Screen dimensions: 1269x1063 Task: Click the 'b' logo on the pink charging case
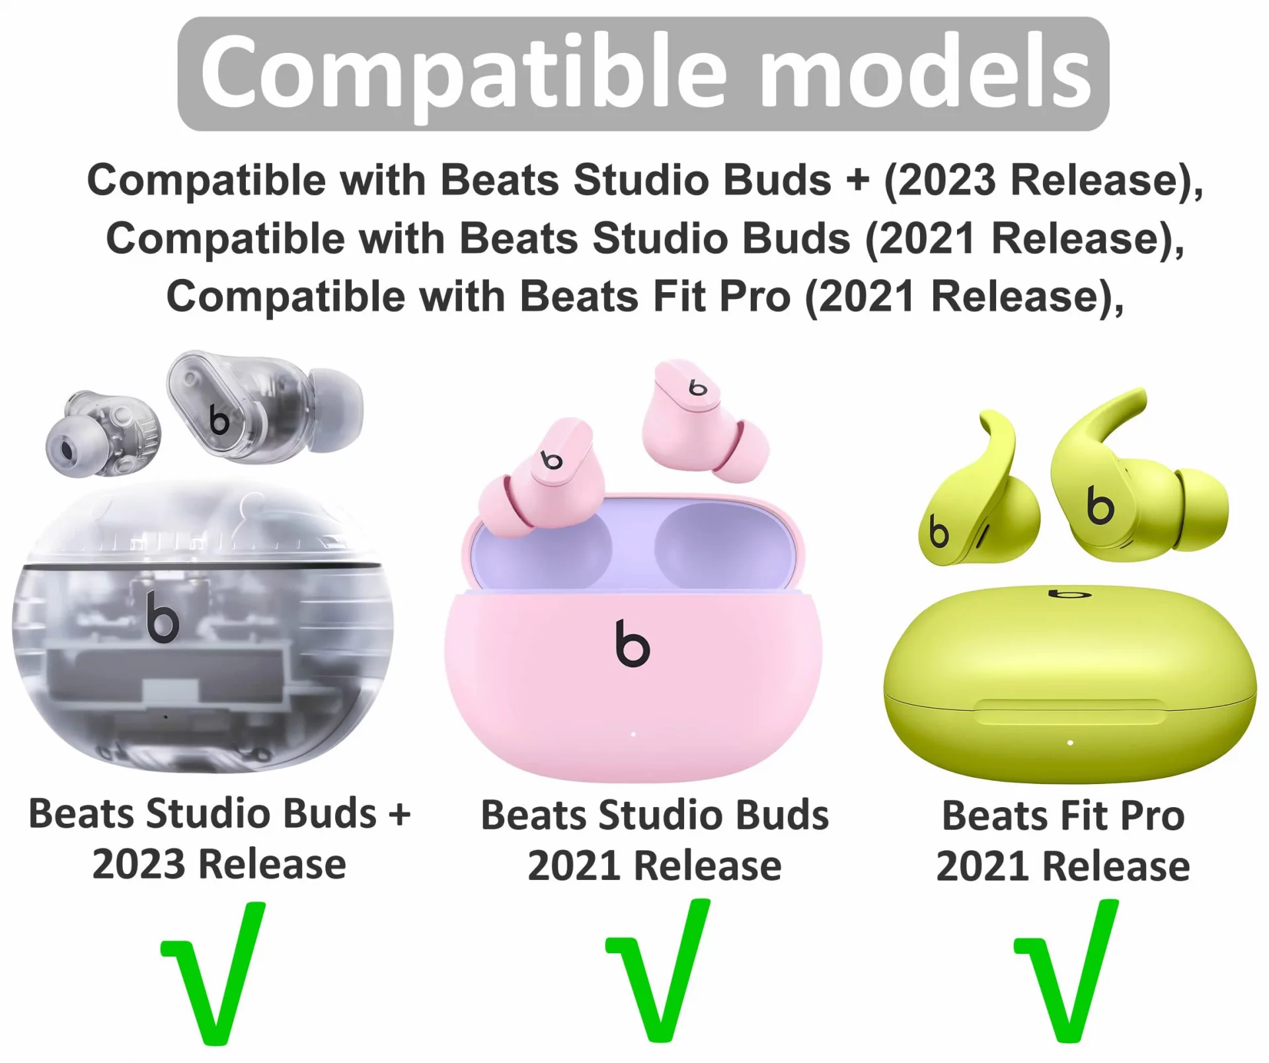coord(632,643)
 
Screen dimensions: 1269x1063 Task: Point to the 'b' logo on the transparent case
coord(163,617)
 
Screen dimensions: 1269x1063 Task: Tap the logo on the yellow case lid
coord(1070,593)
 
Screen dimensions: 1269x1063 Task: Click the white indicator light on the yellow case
coord(1070,742)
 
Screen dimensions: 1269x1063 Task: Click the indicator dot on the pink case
coord(633,734)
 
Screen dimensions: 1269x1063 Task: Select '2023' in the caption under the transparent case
coord(139,864)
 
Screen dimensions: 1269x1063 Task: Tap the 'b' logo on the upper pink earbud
coord(697,387)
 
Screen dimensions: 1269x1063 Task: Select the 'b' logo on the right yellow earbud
coord(1100,506)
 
